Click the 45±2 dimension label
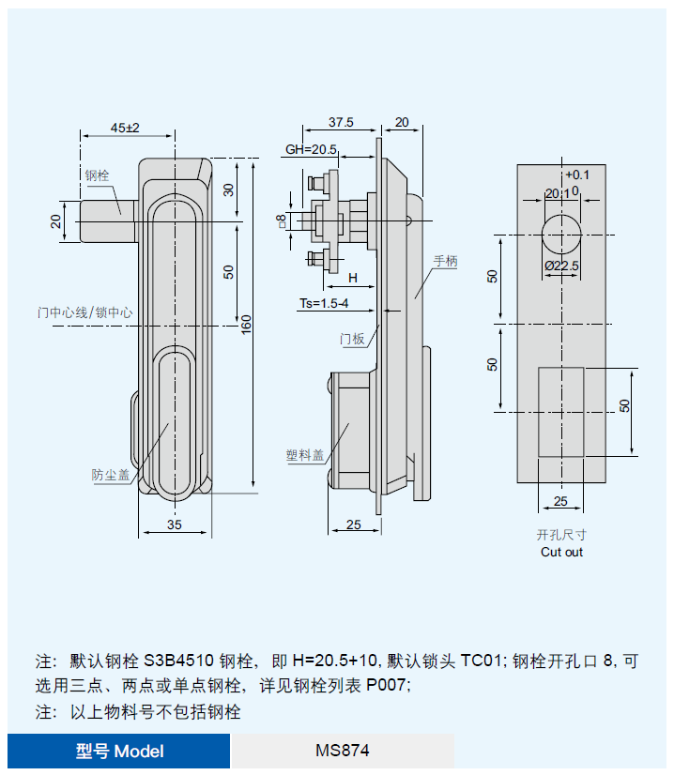[x=125, y=127]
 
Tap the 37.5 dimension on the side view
[x=341, y=122]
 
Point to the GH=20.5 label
[x=311, y=149]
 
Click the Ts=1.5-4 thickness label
[x=323, y=303]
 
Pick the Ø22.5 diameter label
[x=561, y=266]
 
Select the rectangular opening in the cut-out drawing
[x=560, y=411]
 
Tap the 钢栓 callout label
[x=97, y=175]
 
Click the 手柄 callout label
[x=445, y=262]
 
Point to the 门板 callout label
[x=352, y=339]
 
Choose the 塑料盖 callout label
[x=304, y=455]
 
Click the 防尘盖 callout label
[x=110, y=475]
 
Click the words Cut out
[x=561, y=552]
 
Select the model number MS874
[x=343, y=751]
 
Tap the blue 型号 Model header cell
[x=119, y=751]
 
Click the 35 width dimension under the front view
[x=175, y=525]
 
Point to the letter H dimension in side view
[x=353, y=278]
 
